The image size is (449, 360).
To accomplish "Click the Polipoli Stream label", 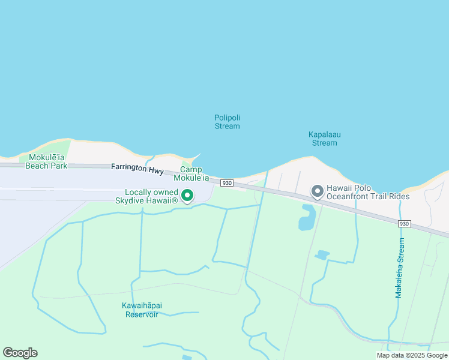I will point(227,122).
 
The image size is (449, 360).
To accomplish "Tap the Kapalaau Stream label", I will point(325,139).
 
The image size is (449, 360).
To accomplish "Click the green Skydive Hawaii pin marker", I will point(187,195).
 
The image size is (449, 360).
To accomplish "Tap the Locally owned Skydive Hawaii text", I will point(146,196).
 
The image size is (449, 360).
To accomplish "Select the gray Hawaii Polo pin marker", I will point(318,191).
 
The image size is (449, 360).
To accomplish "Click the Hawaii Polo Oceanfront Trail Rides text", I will point(368,192).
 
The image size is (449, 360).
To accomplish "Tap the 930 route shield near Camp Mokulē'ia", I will point(226,182).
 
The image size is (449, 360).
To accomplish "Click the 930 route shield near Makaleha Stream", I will point(405,223).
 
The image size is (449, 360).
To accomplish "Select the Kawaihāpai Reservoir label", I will point(142,310).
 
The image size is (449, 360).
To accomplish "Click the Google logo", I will point(20,352).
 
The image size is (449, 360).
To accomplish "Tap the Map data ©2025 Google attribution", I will point(412,355).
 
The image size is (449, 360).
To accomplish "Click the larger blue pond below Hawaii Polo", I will point(307,217).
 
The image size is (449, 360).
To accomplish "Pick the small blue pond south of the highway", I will point(322,255).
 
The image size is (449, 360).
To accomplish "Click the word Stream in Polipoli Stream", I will point(227,126).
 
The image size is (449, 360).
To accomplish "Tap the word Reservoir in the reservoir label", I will point(142,314).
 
